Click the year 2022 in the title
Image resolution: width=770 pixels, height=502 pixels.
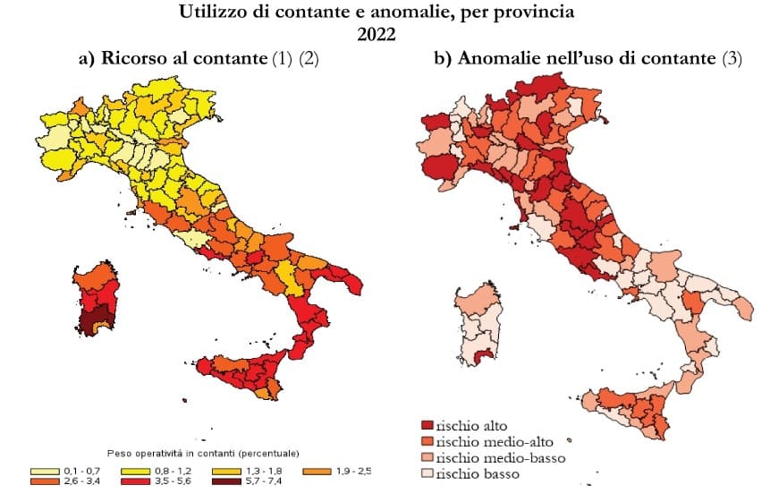[x=377, y=34]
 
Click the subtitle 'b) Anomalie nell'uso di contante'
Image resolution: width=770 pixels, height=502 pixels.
[x=575, y=58]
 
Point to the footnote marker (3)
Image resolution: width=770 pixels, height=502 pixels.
[x=732, y=58]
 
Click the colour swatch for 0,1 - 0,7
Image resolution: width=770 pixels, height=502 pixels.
[x=46, y=472]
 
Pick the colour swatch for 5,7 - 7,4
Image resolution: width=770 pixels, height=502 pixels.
[x=226, y=481]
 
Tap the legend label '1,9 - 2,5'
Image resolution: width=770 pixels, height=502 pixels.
[x=353, y=471]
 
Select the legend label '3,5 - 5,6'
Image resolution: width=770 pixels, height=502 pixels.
[x=173, y=481]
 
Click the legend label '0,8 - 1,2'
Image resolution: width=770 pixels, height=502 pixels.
[x=173, y=471]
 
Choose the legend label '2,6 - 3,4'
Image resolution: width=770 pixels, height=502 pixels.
[x=82, y=481]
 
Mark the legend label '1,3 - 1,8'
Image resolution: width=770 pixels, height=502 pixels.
[x=264, y=471]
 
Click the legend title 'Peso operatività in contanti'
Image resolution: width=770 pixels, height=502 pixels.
[x=172, y=453]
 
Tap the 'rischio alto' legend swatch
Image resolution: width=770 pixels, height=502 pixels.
[x=427, y=425]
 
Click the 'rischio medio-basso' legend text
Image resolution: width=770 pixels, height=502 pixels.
[x=501, y=457]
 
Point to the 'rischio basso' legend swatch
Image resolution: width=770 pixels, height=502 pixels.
[x=427, y=473]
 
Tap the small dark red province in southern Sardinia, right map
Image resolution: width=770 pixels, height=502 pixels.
[x=486, y=354]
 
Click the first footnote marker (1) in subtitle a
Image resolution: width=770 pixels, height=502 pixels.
[x=282, y=58]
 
